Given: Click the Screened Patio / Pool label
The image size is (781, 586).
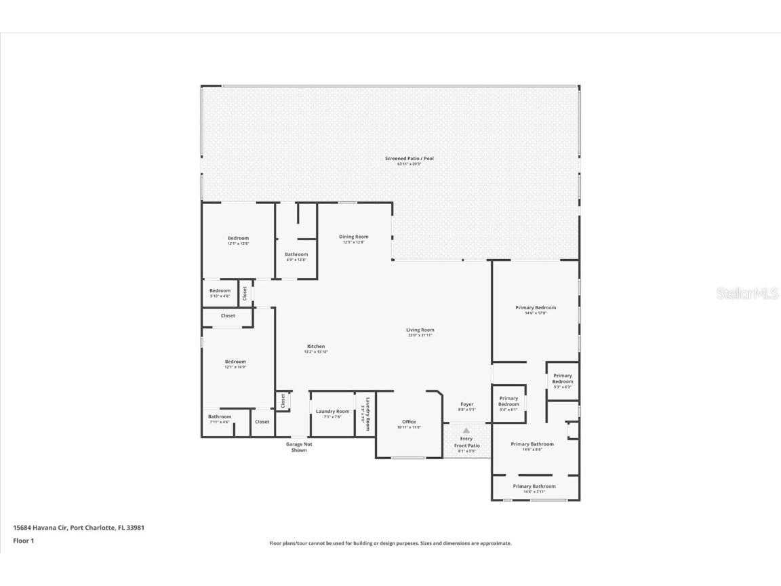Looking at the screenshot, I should (409, 159).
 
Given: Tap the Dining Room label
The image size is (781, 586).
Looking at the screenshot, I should (353, 237).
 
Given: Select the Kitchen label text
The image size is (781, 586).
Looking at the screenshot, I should (315, 347).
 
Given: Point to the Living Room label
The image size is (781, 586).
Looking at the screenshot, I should (420, 330).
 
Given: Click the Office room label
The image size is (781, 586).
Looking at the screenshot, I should (409, 422).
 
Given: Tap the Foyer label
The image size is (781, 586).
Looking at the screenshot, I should (467, 404).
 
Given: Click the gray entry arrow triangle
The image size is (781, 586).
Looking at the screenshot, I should (466, 430).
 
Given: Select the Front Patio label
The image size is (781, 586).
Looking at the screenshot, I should (466, 446).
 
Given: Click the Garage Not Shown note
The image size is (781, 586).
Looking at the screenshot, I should (299, 447).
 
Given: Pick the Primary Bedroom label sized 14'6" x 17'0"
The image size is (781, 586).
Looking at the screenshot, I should (535, 308).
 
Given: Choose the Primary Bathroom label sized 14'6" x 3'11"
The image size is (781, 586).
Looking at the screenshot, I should (534, 486).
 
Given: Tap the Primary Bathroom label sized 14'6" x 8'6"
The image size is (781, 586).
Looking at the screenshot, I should (532, 444).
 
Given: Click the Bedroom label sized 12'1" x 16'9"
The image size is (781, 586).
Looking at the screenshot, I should (235, 362).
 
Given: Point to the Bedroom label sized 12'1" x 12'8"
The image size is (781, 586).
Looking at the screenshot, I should (238, 238).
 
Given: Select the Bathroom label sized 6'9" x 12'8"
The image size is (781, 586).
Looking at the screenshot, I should (296, 254).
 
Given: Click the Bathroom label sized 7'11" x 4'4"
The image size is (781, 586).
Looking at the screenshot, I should (219, 416).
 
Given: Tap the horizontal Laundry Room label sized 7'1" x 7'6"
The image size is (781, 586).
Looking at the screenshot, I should (332, 412).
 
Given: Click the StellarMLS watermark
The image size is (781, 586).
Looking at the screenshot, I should (750, 294).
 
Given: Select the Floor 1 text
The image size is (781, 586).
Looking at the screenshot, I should (23, 541).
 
